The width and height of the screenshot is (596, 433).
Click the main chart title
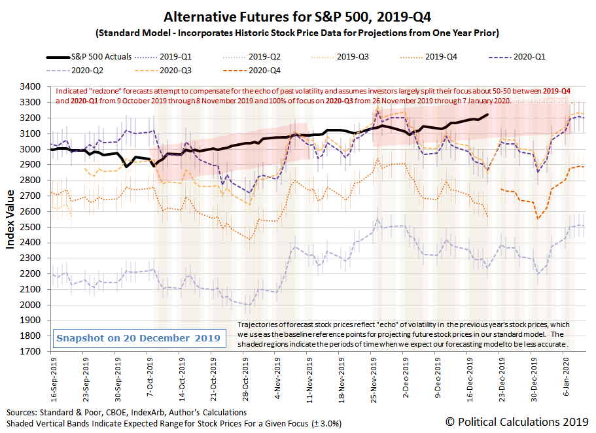pos(298,16)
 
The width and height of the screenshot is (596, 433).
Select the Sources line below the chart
pos(127,413)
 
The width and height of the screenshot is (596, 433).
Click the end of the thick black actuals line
pos(487,115)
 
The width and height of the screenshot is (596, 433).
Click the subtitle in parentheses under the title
pos(298,32)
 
